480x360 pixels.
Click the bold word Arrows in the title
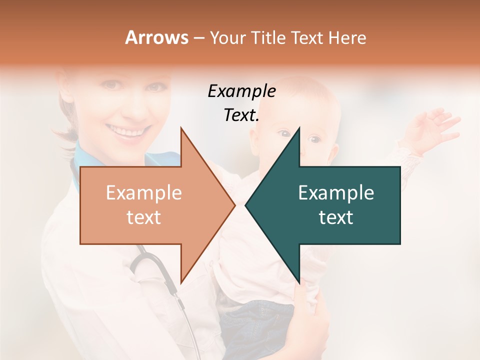coord(156,37)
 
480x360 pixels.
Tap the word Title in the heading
coord(269,37)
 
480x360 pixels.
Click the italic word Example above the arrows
coord(241,91)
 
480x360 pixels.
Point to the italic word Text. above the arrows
coord(241,115)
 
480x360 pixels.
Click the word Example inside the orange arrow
coord(144,192)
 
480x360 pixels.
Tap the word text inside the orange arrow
coord(144,217)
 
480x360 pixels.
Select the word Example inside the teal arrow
coord(336,192)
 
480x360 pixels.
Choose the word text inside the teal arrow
coord(336,217)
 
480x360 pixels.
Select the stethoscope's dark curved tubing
coord(150,265)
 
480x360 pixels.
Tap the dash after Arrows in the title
coord(198,38)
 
